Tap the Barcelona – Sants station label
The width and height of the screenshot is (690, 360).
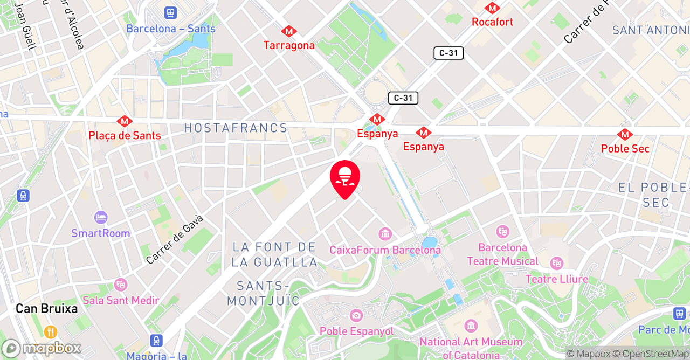point(171,29)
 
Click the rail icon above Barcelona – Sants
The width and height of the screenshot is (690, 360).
point(171,12)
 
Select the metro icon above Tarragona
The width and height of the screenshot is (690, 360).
point(289,31)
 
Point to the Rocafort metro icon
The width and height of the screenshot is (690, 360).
point(492,8)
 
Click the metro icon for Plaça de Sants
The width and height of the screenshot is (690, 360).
point(125,121)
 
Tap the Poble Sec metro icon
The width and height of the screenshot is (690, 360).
point(625,134)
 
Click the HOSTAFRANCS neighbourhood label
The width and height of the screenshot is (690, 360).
point(236,128)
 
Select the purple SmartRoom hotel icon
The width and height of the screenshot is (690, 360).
point(101,218)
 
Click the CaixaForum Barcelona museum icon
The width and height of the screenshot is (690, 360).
point(385,234)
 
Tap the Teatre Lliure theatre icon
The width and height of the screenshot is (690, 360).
point(557,264)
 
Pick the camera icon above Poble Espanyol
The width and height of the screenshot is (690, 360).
point(356,315)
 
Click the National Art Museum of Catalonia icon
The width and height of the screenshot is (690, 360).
point(471,326)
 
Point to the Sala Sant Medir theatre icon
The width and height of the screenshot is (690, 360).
point(121,284)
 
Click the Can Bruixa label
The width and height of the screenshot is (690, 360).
point(47,309)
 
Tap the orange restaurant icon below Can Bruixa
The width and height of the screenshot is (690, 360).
point(51,331)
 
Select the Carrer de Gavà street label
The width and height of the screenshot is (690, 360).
point(175,239)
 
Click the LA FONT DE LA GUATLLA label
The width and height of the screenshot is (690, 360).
point(275,254)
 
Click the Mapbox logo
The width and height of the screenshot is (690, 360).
point(41,348)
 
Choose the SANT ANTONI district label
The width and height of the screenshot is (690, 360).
point(651,30)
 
